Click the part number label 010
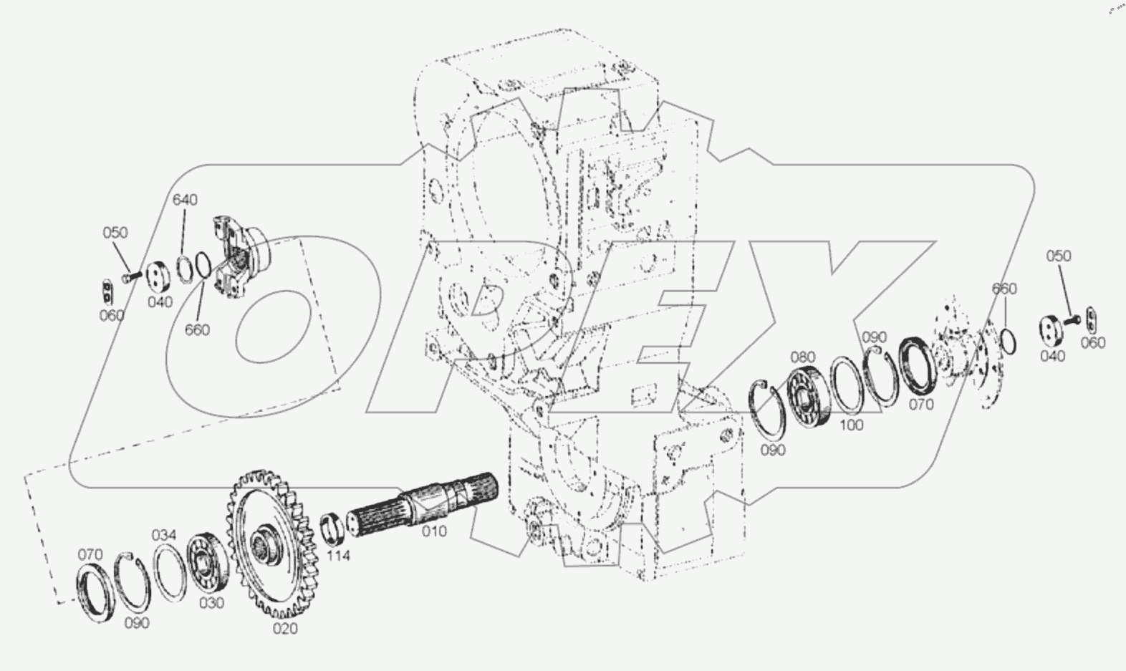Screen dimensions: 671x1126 pos(434,531)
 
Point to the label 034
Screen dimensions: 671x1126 pos(163,535)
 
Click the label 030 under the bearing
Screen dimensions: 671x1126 pos(211,603)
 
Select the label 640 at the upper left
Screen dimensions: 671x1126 pos(184,200)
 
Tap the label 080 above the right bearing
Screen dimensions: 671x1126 pos(803,357)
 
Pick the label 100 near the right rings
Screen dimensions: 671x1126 pos(851,425)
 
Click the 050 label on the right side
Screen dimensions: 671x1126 pos(1059,256)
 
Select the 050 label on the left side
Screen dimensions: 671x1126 pos(115,233)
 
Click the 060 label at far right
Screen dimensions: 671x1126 pos(1092,342)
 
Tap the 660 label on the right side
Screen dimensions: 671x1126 pos(1004,289)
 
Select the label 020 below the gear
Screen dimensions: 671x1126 pos(285,628)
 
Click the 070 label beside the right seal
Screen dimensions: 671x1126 pos(921,405)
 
